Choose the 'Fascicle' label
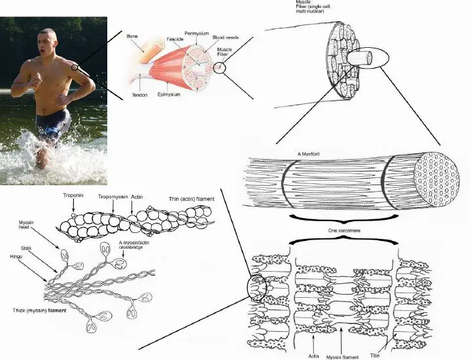pos(174,39)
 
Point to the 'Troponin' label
pos(72,196)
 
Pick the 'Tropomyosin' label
pos(113,196)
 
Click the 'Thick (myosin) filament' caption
pos(37,308)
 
